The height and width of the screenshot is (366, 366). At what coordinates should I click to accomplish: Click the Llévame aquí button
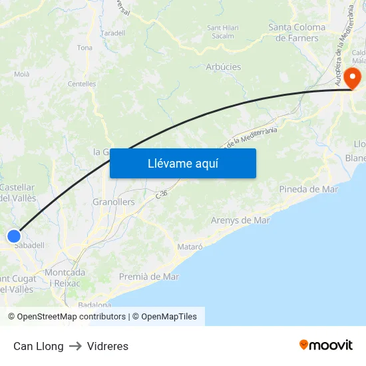coord(183,163)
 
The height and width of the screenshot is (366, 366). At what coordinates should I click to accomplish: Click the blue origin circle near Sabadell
coord(14,236)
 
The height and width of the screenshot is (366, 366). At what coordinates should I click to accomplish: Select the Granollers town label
coord(113,202)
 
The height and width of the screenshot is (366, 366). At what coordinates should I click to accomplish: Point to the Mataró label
coord(190,247)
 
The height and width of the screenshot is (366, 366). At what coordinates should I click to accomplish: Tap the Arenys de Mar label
coord(240,220)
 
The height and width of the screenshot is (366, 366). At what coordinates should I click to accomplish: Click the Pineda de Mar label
coord(309,189)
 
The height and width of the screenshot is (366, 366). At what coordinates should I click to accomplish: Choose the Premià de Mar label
coord(149,276)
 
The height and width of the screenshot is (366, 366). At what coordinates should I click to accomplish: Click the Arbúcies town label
coord(224,67)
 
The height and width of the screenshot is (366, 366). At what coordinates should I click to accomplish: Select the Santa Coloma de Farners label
coord(297,33)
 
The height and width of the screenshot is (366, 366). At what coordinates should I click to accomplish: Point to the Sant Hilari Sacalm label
coord(224,32)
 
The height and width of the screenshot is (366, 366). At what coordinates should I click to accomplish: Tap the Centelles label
coord(82,85)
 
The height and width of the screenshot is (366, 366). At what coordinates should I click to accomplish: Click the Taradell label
coord(113,33)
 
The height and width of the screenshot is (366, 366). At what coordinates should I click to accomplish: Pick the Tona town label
coord(85,48)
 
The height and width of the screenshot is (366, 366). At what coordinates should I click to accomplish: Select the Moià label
coord(22,75)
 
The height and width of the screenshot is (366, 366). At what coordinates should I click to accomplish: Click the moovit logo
coord(326,345)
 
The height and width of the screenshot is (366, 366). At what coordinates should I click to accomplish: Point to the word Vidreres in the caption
coord(108,346)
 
